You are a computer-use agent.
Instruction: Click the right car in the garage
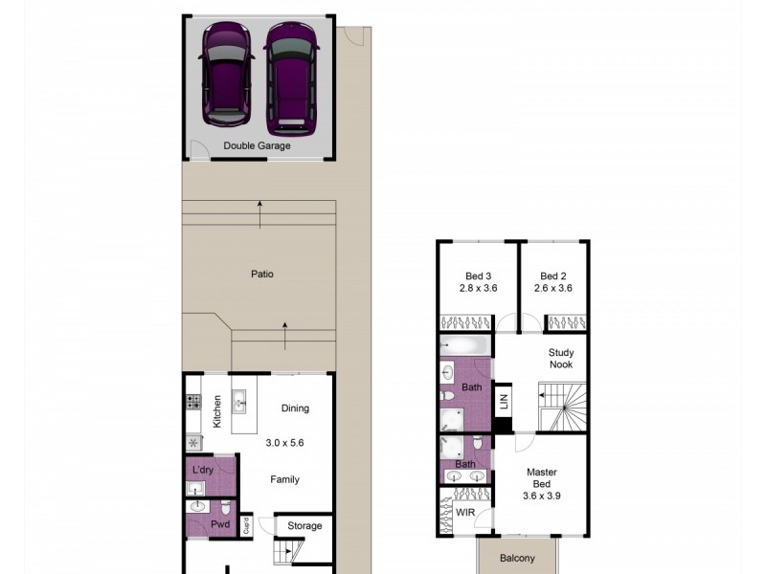pyautogui.click(x=290, y=77)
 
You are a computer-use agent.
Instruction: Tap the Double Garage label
pyautogui.click(x=257, y=146)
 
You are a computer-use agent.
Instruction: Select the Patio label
pyautogui.click(x=262, y=275)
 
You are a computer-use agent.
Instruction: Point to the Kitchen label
pyautogui.click(x=217, y=410)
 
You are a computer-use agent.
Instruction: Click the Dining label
pyautogui.click(x=295, y=408)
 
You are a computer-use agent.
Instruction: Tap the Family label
pyautogui.click(x=284, y=480)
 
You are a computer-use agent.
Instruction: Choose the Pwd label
pyautogui.click(x=220, y=525)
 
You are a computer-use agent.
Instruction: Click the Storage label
pyautogui.click(x=304, y=526)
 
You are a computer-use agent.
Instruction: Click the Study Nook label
pyautogui.click(x=561, y=359)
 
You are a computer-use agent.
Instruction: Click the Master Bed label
pyautogui.click(x=541, y=478)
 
